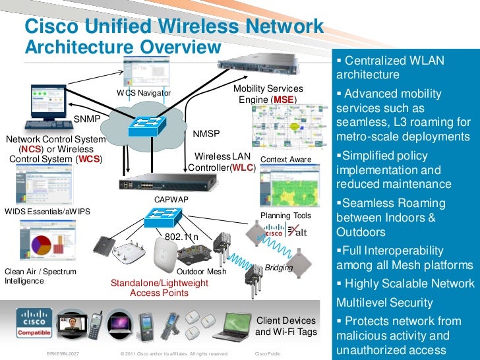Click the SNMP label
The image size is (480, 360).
pyautogui.click(x=86, y=119)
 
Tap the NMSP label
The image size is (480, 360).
pyautogui.click(x=206, y=134)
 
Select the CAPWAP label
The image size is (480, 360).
pyautogui.click(x=171, y=198)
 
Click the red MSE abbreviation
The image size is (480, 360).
pyautogui.click(x=284, y=100)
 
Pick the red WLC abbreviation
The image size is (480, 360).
pyautogui.click(x=244, y=167)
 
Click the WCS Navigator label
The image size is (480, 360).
pyautogui.click(x=144, y=93)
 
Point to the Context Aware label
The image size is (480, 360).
pyautogui.click(x=286, y=160)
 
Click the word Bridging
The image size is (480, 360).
pyautogui.click(x=278, y=267)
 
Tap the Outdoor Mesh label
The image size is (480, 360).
pyautogui.click(x=202, y=272)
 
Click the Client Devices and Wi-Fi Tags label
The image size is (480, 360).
pyautogui.click(x=285, y=326)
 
